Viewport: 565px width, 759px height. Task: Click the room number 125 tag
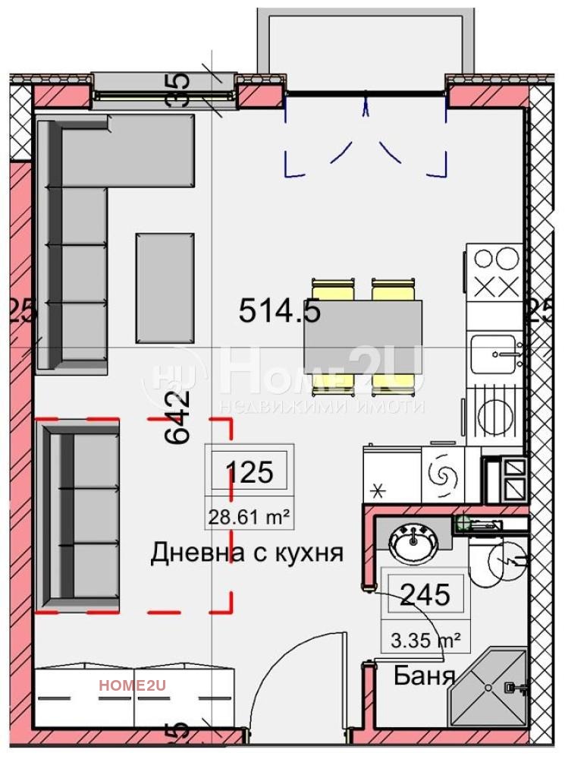250,472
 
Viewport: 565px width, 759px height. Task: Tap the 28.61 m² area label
250,518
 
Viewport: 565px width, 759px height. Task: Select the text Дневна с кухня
247,553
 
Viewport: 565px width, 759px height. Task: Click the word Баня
424,676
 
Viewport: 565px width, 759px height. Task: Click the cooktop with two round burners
494,260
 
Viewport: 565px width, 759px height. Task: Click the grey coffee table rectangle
165,288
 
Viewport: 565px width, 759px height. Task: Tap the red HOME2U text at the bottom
132,685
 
